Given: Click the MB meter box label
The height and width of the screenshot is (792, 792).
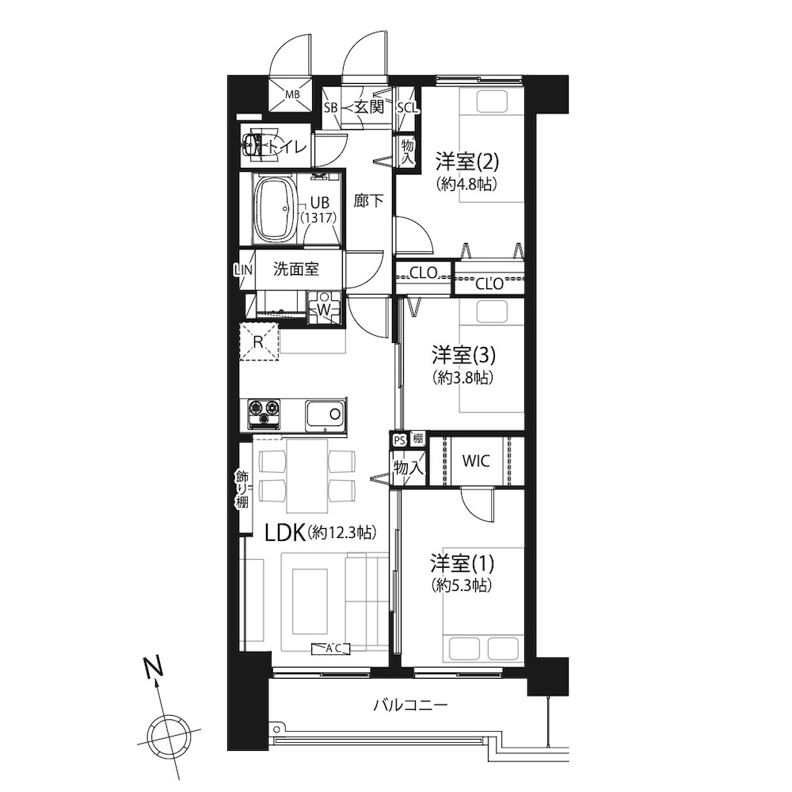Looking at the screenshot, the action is pyautogui.click(x=292, y=94).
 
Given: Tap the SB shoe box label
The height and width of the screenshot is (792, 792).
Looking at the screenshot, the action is pyautogui.click(x=331, y=107).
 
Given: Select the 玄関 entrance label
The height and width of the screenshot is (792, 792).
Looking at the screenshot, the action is pyautogui.click(x=369, y=107).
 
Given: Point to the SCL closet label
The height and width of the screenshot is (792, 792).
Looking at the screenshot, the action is pyautogui.click(x=408, y=107).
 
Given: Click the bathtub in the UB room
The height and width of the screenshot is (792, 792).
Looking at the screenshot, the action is pyautogui.click(x=276, y=210).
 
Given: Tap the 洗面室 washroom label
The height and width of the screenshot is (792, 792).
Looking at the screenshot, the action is pyautogui.click(x=296, y=269).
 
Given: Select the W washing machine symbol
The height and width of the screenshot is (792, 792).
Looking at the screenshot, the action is pyautogui.click(x=324, y=309).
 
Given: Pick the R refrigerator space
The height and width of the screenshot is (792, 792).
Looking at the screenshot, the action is pyautogui.click(x=259, y=341).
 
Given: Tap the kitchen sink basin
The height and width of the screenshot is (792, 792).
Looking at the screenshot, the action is pyautogui.click(x=326, y=415).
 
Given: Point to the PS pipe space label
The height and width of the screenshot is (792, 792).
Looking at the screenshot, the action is pyautogui.click(x=399, y=440).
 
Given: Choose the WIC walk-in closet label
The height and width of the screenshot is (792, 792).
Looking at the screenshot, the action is pyautogui.click(x=476, y=461).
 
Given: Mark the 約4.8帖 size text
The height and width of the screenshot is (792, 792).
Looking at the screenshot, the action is pyautogui.click(x=466, y=184).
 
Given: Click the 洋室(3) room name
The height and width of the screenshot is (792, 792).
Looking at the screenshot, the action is pyautogui.click(x=463, y=355).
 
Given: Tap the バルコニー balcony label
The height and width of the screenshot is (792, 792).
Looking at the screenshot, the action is pyautogui.click(x=410, y=705).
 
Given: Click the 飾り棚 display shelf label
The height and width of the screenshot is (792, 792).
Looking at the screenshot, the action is pyautogui.click(x=242, y=489).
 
